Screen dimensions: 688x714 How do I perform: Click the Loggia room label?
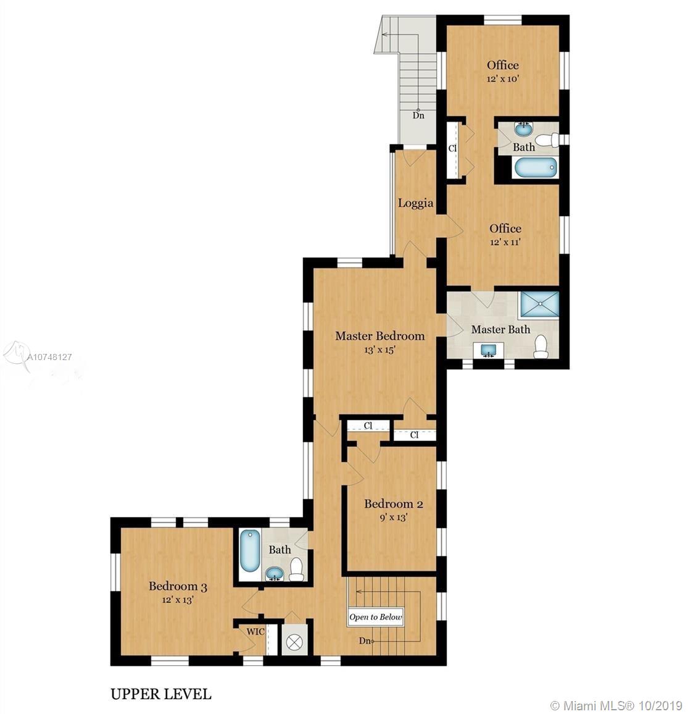tap(415, 204)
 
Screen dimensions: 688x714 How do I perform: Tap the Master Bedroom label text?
tap(380, 336)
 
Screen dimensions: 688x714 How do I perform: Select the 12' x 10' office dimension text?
tap(503, 79)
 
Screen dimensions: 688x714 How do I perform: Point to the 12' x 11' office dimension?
tap(505, 242)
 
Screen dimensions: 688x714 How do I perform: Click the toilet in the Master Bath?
tap(541, 347)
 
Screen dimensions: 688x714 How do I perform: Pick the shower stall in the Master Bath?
tap(539, 303)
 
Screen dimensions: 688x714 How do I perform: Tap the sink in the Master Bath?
tap(487, 350)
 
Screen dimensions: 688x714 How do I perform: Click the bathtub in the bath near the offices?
tap(536, 167)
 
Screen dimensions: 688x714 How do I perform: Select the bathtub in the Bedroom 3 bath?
tap(249, 550)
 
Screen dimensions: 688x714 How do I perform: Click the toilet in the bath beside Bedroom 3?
tap(297, 570)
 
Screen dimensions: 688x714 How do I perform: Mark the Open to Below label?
tap(375, 618)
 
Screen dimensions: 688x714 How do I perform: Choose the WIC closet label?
tap(255, 632)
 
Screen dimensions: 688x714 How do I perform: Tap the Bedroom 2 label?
tap(394, 504)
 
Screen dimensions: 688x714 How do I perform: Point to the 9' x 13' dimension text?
tap(394, 518)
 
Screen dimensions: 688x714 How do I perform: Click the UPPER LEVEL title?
tap(161, 694)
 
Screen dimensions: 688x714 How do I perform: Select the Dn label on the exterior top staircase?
tap(418, 115)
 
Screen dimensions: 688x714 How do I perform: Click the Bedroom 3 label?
tap(178, 587)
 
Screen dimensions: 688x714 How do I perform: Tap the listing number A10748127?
tap(49, 358)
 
